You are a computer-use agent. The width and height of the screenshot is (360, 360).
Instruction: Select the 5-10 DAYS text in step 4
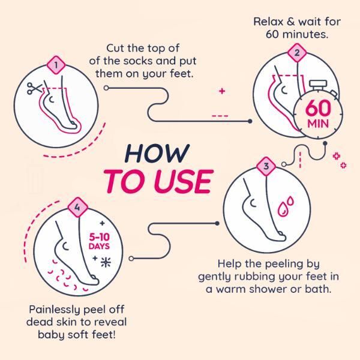pos(98,241)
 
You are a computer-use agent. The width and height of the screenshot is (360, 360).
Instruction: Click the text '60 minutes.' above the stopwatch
pos(297,34)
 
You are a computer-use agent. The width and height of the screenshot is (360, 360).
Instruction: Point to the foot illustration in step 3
pos(255,207)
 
